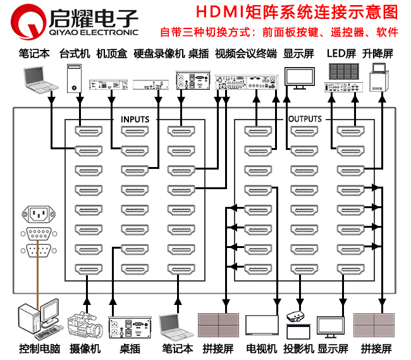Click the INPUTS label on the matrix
click(x=135, y=118)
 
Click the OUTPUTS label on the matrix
click(x=304, y=118)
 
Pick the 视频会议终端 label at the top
click(x=245, y=54)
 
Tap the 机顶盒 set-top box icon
click(x=106, y=84)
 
